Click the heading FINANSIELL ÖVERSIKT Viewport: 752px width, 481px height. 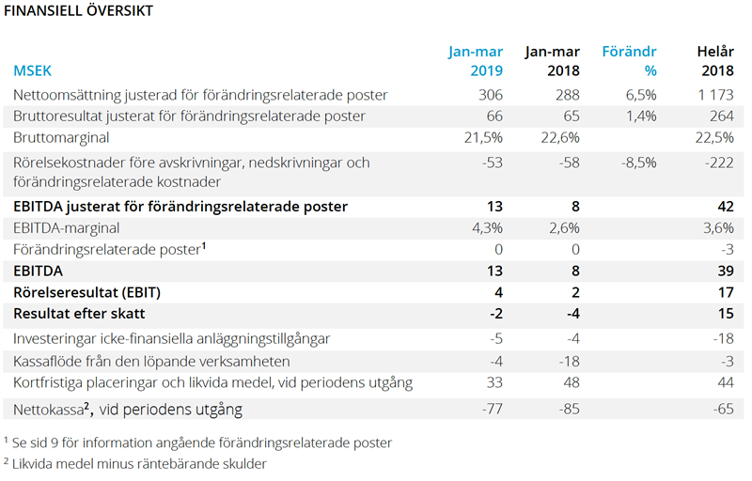(79, 11)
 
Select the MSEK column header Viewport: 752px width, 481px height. (34, 70)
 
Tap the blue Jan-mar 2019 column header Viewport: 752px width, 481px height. (476, 60)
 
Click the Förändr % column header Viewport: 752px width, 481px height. (629, 60)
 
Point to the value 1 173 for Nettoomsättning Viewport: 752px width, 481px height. (713, 95)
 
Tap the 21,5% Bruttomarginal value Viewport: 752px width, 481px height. (485, 137)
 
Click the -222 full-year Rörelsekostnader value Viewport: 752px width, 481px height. (720, 163)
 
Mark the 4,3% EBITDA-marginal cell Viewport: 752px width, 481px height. (488, 227)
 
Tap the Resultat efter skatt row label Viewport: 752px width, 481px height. (92, 313)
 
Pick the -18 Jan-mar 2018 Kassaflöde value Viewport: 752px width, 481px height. (565, 361)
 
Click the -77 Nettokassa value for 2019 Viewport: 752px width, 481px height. (491, 409)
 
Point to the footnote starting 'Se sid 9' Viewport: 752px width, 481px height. (197, 442)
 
